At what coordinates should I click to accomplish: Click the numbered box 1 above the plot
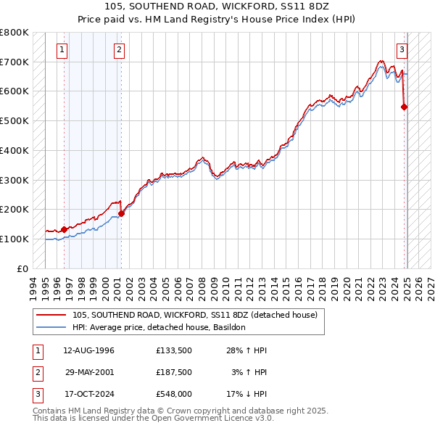click(62, 50)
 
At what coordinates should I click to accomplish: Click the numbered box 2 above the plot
click(119, 50)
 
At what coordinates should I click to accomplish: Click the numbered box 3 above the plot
click(402, 50)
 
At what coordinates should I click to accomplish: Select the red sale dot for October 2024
click(404, 107)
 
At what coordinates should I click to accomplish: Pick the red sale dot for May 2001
click(122, 213)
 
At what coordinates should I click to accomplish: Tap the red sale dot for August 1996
click(64, 229)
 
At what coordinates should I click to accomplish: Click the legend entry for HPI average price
click(159, 327)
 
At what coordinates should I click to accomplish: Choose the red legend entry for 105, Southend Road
click(194, 316)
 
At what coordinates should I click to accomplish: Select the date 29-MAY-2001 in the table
click(90, 372)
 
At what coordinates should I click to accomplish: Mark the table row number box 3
click(36, 394)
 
